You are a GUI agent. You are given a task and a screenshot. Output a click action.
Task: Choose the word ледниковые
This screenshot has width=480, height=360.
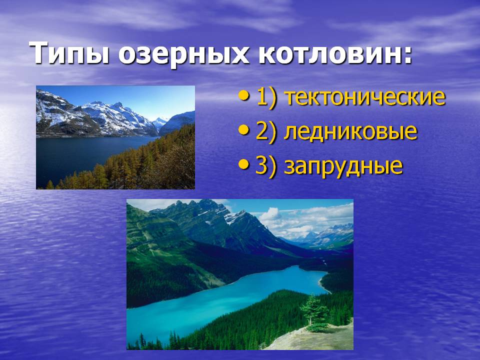click(350, 131)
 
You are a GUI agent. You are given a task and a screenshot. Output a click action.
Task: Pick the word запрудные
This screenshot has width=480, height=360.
click(343, 165)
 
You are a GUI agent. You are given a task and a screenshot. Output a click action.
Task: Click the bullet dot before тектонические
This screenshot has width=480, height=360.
click(244, 96)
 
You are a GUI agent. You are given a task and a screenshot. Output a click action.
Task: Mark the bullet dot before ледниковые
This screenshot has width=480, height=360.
click(244, 130)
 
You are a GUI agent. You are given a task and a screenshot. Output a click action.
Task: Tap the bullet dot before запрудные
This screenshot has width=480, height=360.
click(244, 165)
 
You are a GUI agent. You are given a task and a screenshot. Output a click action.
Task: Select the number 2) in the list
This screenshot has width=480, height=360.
click(266, 131)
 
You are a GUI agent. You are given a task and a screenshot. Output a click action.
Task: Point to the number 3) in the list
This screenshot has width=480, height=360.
click(266, 166)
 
